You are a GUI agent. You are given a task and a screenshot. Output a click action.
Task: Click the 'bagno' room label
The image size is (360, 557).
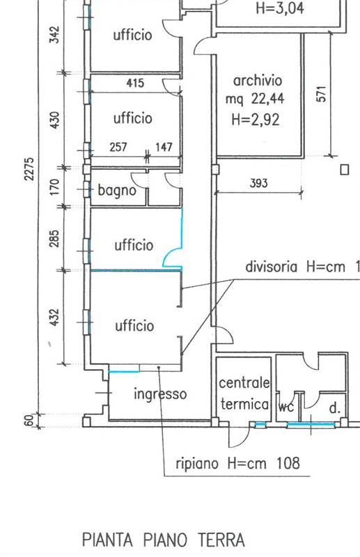[x=117, y=190]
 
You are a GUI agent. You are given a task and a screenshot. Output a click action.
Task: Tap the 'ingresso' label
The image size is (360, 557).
[x=160, y=394]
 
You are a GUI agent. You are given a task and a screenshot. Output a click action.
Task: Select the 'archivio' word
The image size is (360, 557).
[x=258, y=81]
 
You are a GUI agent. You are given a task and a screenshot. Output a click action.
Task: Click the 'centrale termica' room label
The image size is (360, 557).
[x=244, y=393]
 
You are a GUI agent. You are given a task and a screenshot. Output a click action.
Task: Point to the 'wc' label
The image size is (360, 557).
[x=286, y=407]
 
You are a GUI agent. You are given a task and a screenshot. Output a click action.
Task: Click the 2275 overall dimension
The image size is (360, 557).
[x=29, y=168]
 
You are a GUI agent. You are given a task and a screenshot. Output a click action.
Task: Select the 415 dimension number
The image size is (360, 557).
[x=135, y=83]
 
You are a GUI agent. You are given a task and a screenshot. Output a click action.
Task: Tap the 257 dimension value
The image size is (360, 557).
[x=118, y=147]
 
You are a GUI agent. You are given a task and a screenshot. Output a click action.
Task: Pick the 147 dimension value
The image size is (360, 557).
[x=164, y=147]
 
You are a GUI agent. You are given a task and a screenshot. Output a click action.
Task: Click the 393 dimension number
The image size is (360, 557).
[x=258, y=183]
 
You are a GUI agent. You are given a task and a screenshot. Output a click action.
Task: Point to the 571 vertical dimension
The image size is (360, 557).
[x=321, y=94]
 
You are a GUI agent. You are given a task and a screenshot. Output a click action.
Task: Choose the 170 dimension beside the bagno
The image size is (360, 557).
[x=54, y=187]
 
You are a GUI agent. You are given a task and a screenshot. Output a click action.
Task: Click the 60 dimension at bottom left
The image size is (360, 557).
[x=30, y=421]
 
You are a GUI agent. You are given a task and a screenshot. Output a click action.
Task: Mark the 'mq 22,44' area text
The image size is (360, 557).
[x=255, y=99]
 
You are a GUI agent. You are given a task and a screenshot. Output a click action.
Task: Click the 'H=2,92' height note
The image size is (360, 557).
[x=256, y=119]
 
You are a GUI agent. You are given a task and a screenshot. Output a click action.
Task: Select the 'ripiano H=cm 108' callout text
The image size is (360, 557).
[x=237, y=463]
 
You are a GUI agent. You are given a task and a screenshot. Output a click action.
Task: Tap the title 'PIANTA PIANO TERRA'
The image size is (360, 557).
[x=164, y=540]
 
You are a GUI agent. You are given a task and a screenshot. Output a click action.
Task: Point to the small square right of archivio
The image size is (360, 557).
[x=345, y=170]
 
